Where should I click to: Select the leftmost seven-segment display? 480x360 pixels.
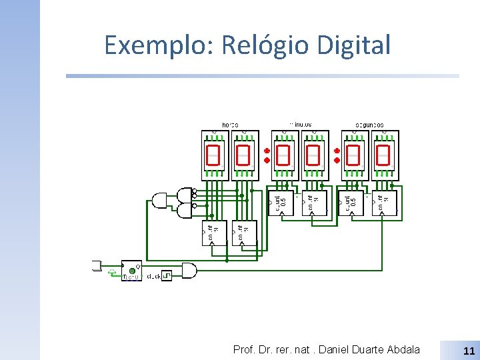pyautogui.click(x=213, y=155)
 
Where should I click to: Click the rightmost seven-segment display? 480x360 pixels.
pyautogui.click(x=383, y=155)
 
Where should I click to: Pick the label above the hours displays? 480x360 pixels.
pyautogui.click(x=230, y=125)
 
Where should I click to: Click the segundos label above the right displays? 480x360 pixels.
pyautogui.click(x=369, y=125)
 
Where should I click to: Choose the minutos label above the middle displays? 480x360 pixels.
pyautogui.click(x=300, y=124)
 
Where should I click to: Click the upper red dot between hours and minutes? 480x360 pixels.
pyautogui.click(x=266, y=151)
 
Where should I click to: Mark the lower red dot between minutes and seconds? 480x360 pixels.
pyautogui.click(x=337, y=160)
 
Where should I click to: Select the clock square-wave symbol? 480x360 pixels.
pyautogui.click(x=167, y=275)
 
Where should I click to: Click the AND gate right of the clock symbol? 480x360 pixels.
pyautogui.click(x=188, y=271)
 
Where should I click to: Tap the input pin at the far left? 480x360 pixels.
pyautogui.click(x=95, y=265)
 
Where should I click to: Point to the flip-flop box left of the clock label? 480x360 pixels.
pyautogui.click(x=131, y=269)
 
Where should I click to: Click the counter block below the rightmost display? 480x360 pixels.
pyautogui.click(x=383, y=203)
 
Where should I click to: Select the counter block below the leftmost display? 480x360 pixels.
pyautogui.click(x=214, y=233)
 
